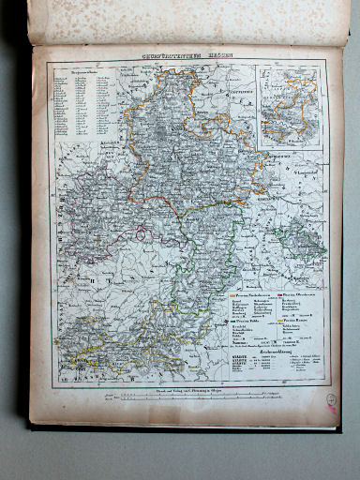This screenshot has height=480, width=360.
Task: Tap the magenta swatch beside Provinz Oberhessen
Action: coord(280,295)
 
